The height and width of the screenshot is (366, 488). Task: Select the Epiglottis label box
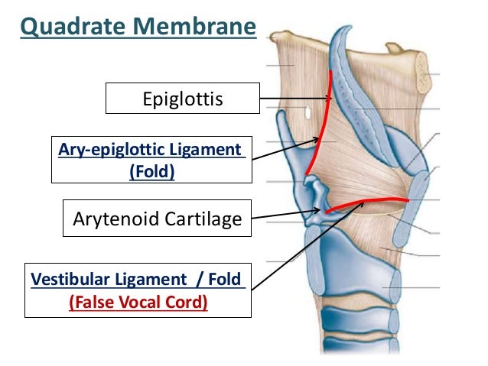[x=183, y=99]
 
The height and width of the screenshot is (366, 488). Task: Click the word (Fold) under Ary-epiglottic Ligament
[x=152, y=171]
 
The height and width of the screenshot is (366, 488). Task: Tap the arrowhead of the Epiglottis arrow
[x=330, y=98]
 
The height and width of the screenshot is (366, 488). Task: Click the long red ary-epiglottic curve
[x=322, y=122]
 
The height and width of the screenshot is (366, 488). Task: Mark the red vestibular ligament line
[x=367, y=202]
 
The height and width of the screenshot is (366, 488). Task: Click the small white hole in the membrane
[x=305, y=113]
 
